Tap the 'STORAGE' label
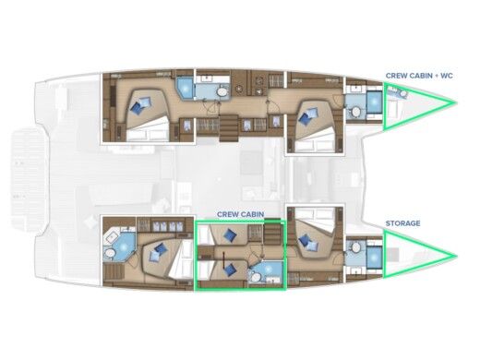point(403,223)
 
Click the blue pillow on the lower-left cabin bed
point(158,248)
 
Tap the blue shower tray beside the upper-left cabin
point(186,89)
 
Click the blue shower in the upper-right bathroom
point(372,102)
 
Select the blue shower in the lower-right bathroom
point(372,253)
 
